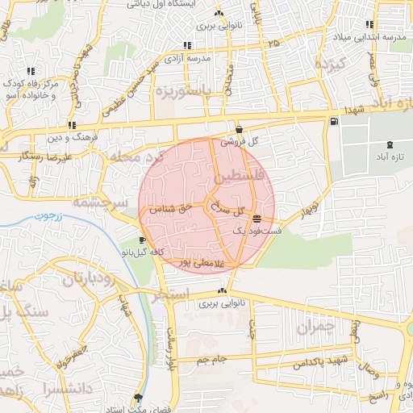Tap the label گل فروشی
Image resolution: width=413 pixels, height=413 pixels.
coord(244,140)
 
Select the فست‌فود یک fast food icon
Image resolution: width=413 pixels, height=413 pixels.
coord(257,219)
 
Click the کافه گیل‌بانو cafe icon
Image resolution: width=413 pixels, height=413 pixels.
coord(143,240)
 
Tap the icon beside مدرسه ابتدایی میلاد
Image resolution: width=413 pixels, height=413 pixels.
coord(370,25)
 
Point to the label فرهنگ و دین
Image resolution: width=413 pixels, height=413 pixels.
coord(94,138)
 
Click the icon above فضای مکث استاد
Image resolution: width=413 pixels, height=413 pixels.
coord(139,398)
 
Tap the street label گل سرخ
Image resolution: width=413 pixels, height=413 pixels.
coord(227,209)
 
